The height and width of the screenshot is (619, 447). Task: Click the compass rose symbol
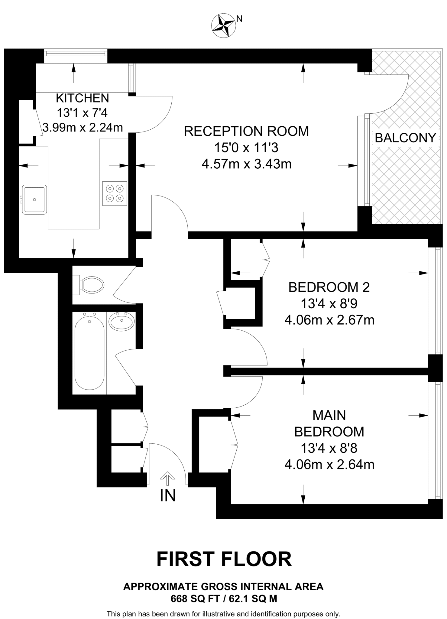(224, 26)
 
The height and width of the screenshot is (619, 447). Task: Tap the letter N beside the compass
(239, 19)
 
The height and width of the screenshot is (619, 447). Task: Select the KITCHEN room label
(83, 99)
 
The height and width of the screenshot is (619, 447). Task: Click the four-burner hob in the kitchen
(115, 193)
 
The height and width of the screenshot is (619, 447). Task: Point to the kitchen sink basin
(35, 199)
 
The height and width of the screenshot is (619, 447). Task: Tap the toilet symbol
(91, 285)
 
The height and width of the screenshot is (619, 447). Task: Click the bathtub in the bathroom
(89, 353)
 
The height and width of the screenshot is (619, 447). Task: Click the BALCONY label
(405, 138)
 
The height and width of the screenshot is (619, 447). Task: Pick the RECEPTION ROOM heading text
(246, 131)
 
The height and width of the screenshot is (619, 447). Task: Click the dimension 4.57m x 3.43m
(246, 164)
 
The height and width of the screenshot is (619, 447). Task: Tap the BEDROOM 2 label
(329, 287)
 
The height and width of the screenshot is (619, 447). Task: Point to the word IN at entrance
(168, 496)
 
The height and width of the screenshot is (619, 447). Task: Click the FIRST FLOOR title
(224, 559)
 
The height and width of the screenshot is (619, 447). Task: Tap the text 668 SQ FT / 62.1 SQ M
(224, 599)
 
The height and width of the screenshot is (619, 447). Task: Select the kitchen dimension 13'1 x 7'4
(82, 113)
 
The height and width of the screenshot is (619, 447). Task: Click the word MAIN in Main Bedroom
(329, 415)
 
